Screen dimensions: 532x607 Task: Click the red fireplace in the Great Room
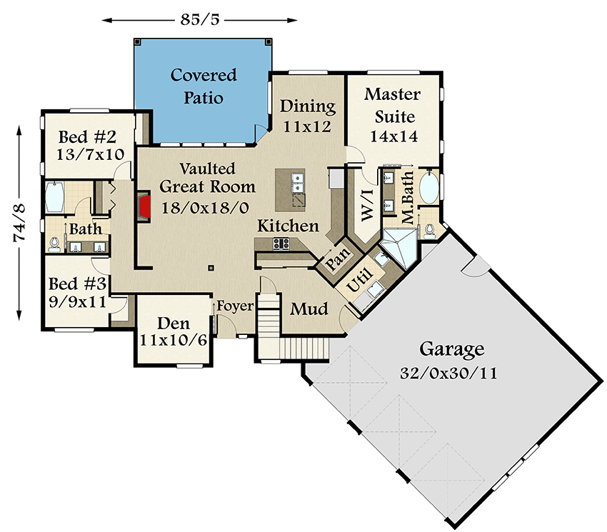[145, 209]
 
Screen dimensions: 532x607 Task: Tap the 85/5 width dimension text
[200, 19]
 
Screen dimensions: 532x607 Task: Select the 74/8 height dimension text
[21, 221]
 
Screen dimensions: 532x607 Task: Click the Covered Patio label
[203, 86]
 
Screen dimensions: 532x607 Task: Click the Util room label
[357, 284]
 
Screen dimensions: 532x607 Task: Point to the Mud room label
[308, 309]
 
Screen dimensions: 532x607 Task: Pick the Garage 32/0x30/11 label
[451, 360]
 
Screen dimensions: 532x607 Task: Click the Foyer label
[235, 306]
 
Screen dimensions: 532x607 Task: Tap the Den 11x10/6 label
[174, 331]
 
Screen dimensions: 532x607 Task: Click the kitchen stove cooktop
[280, 244]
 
